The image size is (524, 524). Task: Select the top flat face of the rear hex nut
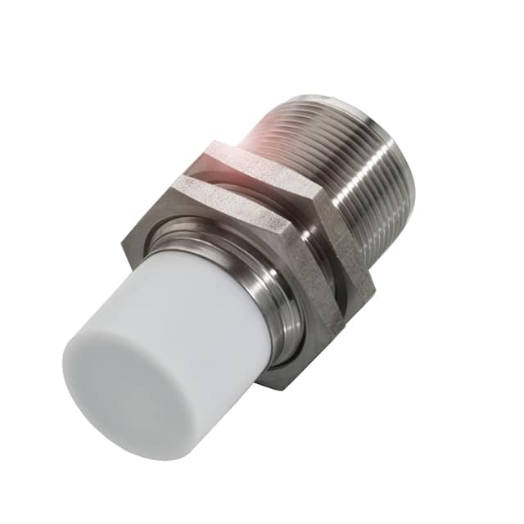click(x=262, y=160)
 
